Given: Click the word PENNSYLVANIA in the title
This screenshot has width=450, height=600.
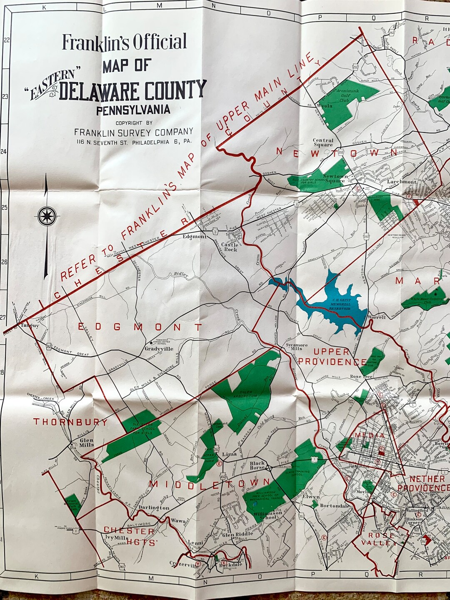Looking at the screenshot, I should [133, 110].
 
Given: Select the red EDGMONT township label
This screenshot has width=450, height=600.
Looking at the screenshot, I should [140, 327].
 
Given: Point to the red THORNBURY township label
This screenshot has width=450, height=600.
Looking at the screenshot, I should [70, 422].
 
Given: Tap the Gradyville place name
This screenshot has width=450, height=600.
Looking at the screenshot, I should [159, 349].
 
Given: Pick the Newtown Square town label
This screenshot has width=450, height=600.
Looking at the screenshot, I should [335, 179].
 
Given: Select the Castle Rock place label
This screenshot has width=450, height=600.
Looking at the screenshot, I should [229, 247].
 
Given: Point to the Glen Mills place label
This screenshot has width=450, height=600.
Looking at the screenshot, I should [87, 442].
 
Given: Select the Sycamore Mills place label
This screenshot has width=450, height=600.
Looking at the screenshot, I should [297, 347].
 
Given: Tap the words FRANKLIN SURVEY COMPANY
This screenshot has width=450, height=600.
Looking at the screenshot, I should [133, 132].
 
